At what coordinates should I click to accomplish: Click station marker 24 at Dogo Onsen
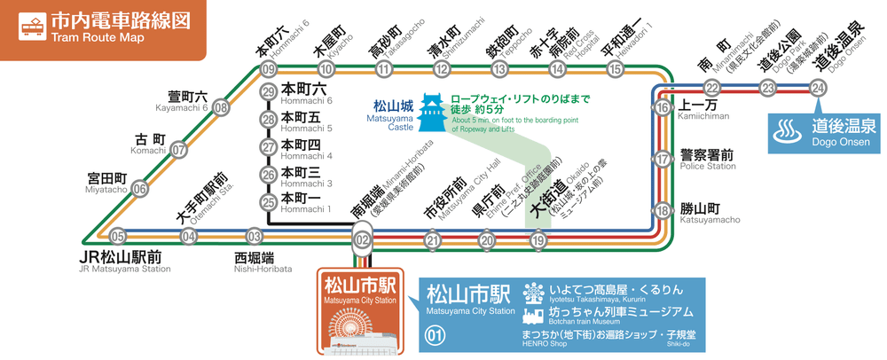(819, 87)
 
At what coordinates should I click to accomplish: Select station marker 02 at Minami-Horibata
(361, 239)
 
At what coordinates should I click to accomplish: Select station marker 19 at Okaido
(538, 239)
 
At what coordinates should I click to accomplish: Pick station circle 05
(118, 236)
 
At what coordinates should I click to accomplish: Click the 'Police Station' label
(708, 166)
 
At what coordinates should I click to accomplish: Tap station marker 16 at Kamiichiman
(663, 107)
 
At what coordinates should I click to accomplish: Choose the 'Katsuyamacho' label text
(710, 220)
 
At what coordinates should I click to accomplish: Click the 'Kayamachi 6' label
(181, 108)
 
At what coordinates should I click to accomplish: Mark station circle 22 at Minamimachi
(712, 87)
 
